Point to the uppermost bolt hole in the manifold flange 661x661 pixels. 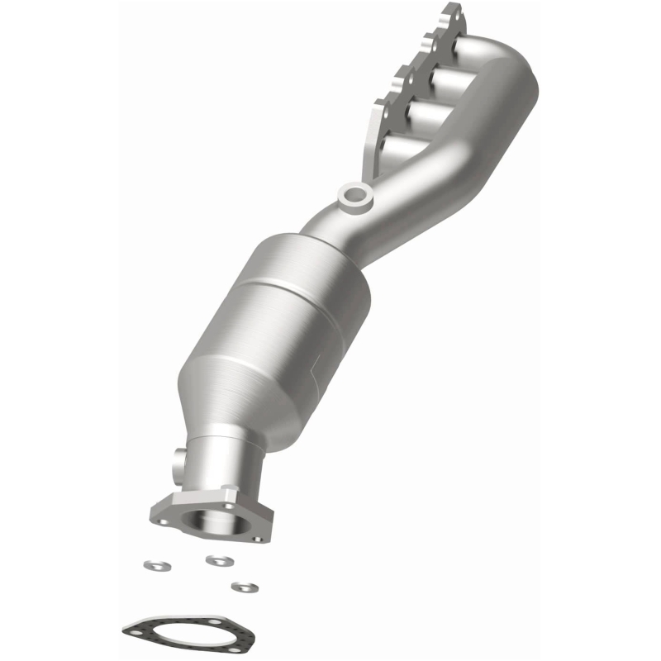[x=452, y=12]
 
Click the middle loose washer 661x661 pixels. [x=217, y=560]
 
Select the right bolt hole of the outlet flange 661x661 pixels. [x=259, y=538]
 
